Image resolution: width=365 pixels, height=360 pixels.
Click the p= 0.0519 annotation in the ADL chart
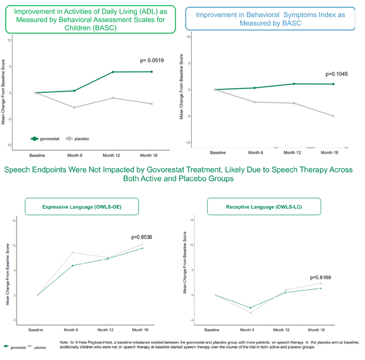[x=153, y=60]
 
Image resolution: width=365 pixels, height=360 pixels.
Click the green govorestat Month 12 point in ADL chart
[x=113, y=72]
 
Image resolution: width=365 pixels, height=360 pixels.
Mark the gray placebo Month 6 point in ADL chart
[x=74, y=107]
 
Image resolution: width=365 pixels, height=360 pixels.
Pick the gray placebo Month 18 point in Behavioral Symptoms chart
[x=333, y=116]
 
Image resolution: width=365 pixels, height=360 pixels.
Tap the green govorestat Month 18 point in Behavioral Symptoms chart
[x=333, y=84]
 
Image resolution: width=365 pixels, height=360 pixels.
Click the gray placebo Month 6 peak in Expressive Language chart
[x=72, y=252]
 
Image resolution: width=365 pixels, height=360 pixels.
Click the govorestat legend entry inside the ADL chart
[x=46, y=138]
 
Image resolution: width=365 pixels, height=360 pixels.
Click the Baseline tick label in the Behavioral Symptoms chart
[x=218, y=153]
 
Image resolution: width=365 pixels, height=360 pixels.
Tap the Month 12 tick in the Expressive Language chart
[x=107, y=330]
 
